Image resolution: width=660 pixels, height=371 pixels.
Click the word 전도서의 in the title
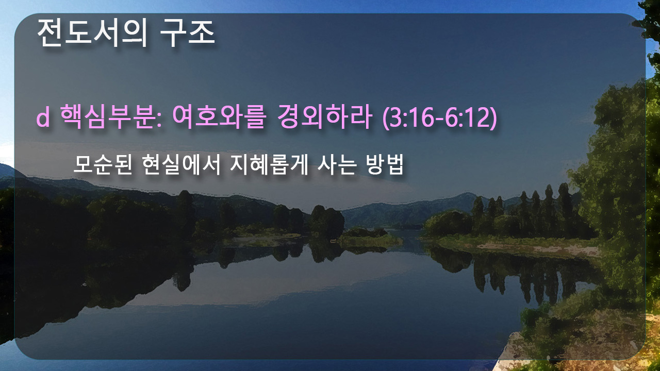coord(92,33)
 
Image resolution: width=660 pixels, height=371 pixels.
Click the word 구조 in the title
coord(187,33)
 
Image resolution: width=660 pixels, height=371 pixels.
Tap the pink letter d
coord(43,117)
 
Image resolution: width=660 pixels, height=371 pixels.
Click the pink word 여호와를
coord(220,116)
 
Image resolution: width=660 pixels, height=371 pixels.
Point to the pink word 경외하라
coord(324,116)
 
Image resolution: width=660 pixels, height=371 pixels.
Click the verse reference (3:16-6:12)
coord(439,117)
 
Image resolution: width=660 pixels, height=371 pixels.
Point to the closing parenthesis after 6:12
coord(493,117)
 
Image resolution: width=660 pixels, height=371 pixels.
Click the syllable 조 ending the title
coord(202,33)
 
